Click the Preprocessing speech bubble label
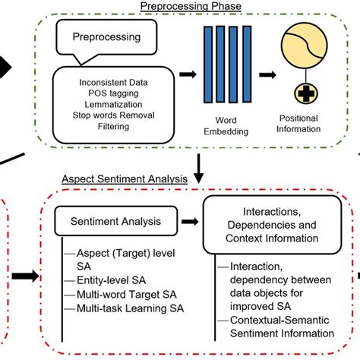point(106,37)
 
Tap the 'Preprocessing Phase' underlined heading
point(191,6)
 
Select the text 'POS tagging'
point(113,93)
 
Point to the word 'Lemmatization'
point(113,104)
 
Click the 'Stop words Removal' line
point(113,115)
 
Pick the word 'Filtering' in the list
point(113,126)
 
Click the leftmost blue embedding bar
point(208,65)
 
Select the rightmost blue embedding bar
point(247,64)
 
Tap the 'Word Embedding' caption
point(226,126)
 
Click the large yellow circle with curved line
point(304,46)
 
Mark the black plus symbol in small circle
point(306,93)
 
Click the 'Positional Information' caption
point(298,124)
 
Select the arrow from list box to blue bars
point(188,74)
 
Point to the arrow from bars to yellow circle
point(267,75)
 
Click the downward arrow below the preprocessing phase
point(199,169)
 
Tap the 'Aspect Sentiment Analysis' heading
point(125,179)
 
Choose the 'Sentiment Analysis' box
point(116,221)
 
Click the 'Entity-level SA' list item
point(112,280)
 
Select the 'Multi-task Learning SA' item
point(130,308)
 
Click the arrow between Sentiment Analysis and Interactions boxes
point(190,222)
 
